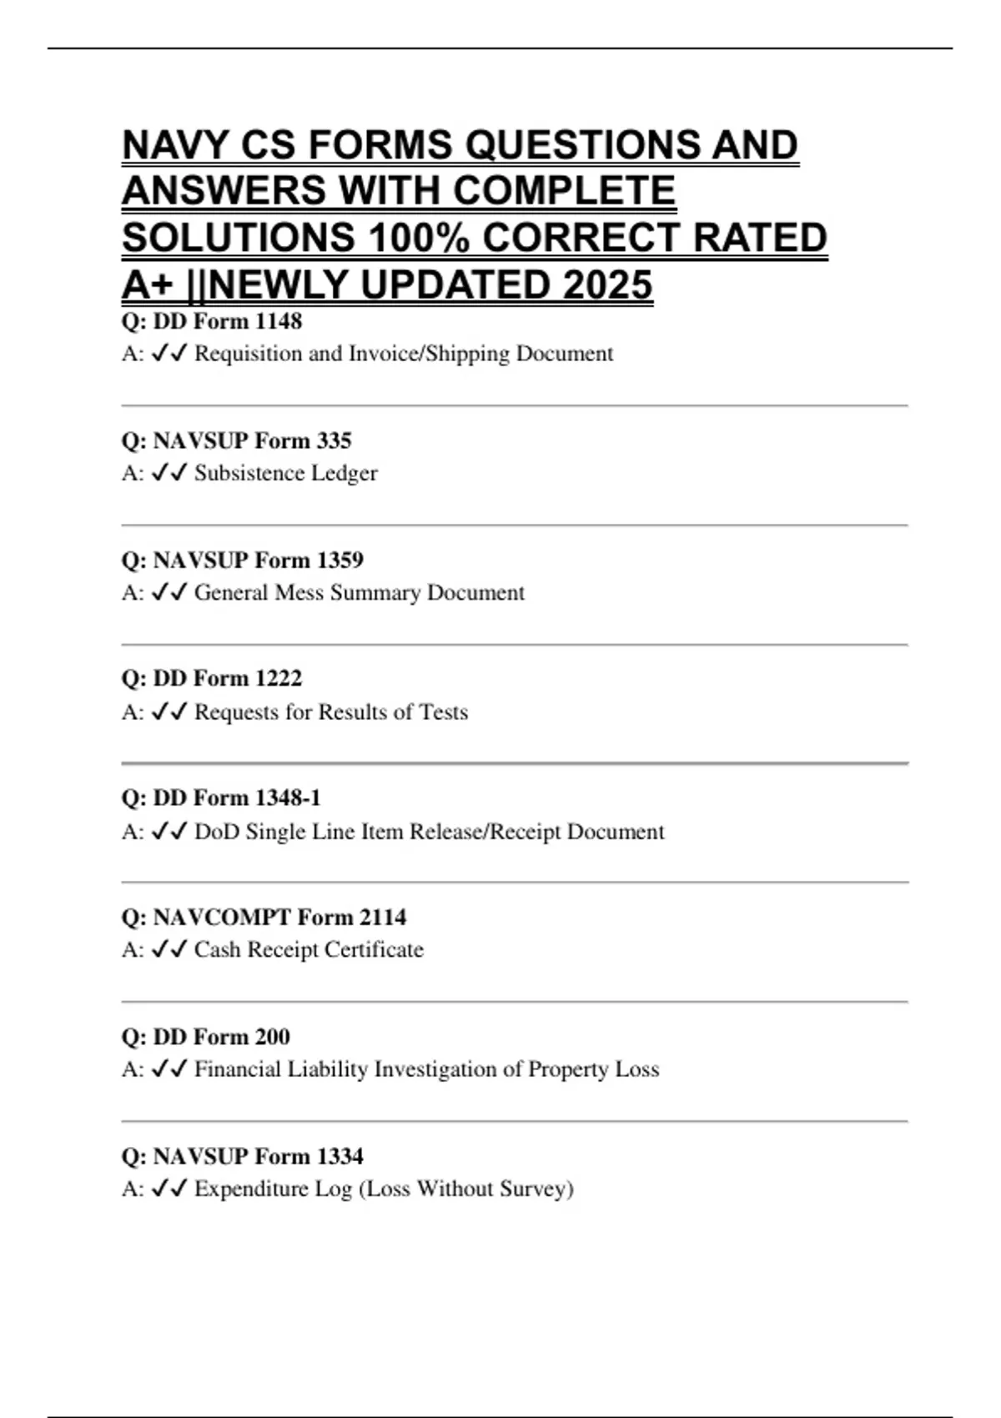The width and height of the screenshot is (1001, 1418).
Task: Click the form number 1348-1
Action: point(288,798)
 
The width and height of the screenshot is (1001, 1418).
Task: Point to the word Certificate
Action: point(375,950)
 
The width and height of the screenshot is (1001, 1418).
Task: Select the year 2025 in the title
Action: point(608,285)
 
